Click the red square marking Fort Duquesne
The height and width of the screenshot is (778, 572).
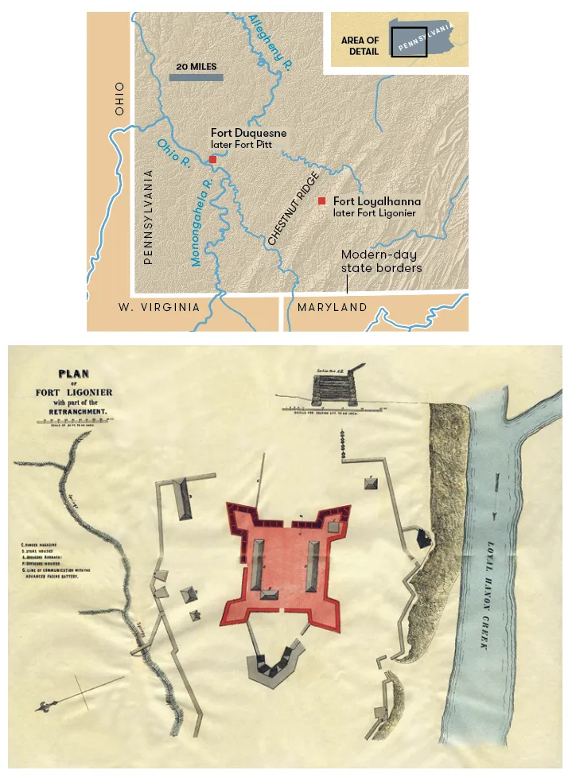click(212, 160)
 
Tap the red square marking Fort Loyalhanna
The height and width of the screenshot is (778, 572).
click(322, 201)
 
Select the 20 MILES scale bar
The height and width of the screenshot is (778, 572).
click(196, 77)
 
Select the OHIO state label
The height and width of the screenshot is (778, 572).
click(119, 99)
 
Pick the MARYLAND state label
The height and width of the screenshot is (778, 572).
click(332, 307)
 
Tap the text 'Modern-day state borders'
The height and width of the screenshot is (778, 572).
click(381, 262)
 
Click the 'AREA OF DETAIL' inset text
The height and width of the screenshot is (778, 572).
click(360, 45)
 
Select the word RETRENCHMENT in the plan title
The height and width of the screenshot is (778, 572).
click(74, 414)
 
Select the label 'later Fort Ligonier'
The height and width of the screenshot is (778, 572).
click(375, 213)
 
